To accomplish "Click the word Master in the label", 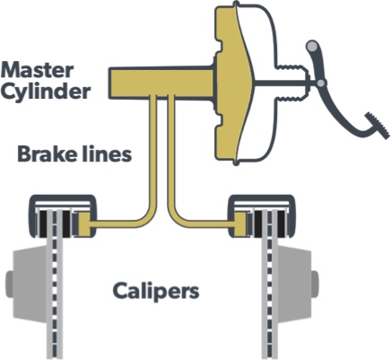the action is click(38, 70).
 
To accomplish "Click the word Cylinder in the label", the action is click(46, 91).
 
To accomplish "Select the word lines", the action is click(105, 154).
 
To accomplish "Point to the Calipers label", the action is click(156, 291).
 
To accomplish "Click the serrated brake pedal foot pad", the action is click(378, 126).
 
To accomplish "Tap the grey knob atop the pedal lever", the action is click(312, 46).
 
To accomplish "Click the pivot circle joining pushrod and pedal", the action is click(321, 83).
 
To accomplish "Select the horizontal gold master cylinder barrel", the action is click(161, 83).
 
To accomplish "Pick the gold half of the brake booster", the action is click(231, 83).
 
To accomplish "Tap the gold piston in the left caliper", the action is click(84, 224).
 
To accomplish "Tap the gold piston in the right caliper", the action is click(240, 224).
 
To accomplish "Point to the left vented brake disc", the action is click(55, 285).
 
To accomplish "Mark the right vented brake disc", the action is click(270, 285).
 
